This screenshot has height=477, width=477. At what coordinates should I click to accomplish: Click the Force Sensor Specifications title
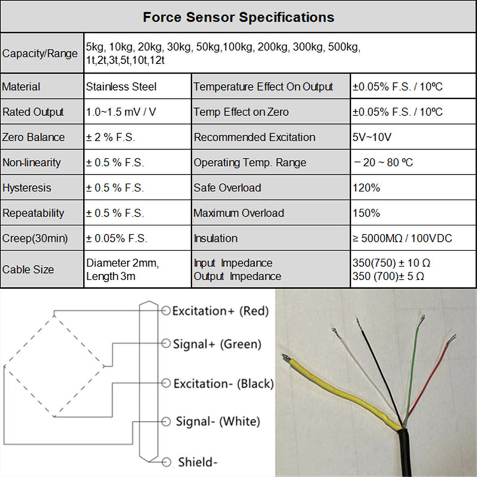coord(238,16)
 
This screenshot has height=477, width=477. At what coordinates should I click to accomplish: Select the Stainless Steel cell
coord(121,87)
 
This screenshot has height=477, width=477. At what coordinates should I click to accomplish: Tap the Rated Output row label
coord(33,112)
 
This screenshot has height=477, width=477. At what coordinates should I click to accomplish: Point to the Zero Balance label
coord(33,137)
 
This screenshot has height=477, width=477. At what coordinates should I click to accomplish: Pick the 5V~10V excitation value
coord(372,137)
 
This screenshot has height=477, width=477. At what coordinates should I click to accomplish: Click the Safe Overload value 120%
coord(366,188)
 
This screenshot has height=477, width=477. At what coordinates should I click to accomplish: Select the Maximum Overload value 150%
coord(366,213)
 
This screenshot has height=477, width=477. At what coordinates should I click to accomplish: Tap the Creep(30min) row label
coord(35,238)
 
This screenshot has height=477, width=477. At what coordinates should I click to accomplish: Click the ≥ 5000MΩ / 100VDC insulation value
coord(402,238)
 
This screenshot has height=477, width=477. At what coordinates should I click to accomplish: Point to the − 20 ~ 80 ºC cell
coord(383,163)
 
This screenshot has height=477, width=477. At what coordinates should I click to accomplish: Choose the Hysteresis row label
coord(27,188)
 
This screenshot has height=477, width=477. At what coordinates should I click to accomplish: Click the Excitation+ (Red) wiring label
coord(220,311)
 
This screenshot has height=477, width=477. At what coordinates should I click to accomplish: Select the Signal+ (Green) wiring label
coord(217,344)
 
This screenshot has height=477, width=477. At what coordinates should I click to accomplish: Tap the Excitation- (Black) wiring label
coord(223,384)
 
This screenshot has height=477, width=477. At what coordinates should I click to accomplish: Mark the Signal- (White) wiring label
coord(218,422)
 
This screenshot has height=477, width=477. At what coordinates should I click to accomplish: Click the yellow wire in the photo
coord(340,388)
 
